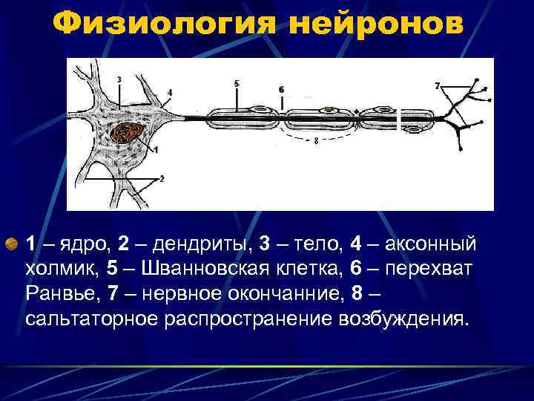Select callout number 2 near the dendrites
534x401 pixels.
pyautogui.click(x=162, y=178)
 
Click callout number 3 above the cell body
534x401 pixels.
pyautogui.click(x=119, y=79)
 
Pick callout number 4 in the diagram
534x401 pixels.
pyautogui.click(x=169, y=92)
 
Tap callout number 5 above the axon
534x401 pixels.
pyautogui.click(x=237, y=84)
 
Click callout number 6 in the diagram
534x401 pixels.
pyautogui.click(x=281, y=89)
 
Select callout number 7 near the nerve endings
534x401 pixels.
pyautogui.click(x=438, y=86)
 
